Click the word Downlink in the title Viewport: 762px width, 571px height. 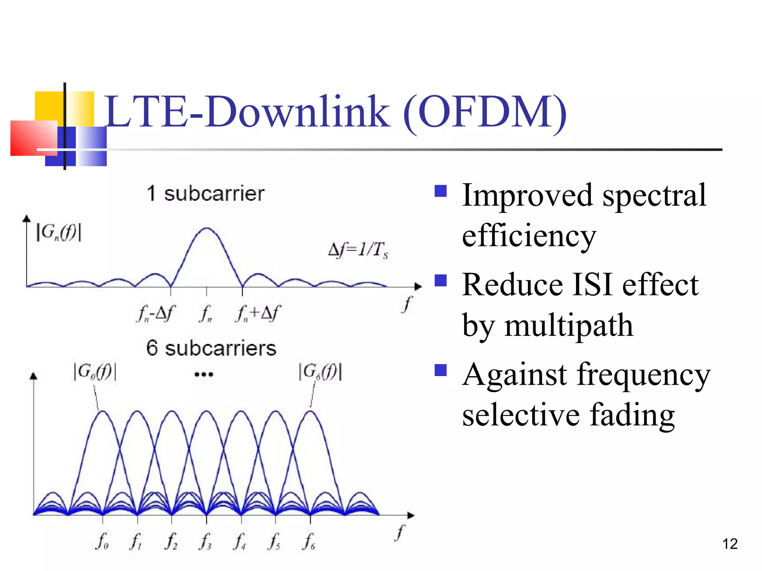[x=298, y=112]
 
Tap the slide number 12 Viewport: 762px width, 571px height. [x=730, y=544]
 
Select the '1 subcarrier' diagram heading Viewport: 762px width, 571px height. [x=205, y=194]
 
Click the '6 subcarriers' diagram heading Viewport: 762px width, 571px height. [x=211, y=348]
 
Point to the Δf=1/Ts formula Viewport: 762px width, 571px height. [x=358, y=250]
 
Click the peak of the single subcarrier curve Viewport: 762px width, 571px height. [x=206, y=228]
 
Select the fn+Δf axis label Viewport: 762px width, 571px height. [x=257, y=313]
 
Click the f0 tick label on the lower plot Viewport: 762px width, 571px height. [x=102, y=541]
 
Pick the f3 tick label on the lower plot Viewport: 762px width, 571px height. [x=205, y=541]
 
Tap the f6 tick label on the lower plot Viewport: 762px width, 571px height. [x=309, y=541]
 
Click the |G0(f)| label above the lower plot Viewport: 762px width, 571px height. [x=95, y=372]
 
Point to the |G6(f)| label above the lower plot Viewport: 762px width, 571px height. [x=320, y=372]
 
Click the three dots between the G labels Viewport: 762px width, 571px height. [x=204, y=374]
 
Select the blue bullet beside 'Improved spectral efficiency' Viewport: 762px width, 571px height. [x=441, y=191]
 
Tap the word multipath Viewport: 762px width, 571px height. [x=569, y=325]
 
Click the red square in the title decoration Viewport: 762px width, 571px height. [x=33, y=138]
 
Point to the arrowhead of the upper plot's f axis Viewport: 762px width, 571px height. [x=418, y=287]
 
